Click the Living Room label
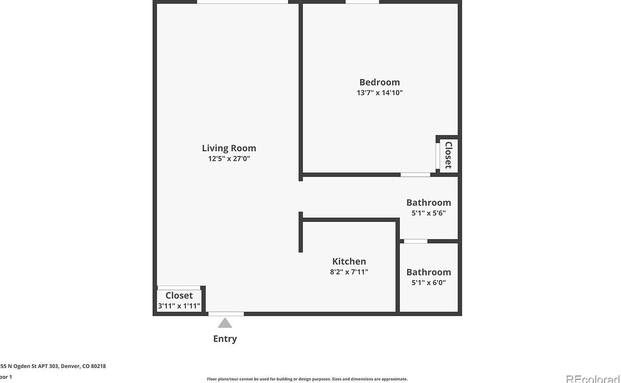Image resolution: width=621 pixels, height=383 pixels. pyautogui.click(x=229, y=148)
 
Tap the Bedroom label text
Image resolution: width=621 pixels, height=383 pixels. pyautogui.click(x=379, y=82)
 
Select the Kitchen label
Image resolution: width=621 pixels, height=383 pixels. pyautogui.click(x=349, y=261)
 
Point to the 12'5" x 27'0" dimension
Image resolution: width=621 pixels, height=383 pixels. pyautogui.click(x=229, y=159)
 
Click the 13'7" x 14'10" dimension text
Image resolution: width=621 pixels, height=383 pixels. pyautogui.click(x=379, y=93)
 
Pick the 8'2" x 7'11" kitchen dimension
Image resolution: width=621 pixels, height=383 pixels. pyautogui.click(x=349, y=272)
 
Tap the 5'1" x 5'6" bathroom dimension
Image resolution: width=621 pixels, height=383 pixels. pyautogui.click(x=429, y=213)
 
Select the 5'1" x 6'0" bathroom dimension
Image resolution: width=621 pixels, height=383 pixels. pyautogui.click(x=429, y=282)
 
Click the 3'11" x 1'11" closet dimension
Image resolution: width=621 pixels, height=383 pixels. pyautogui.click(x=179, y=306)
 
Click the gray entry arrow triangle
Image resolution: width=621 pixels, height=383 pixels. pyautogui.click(x=225, y=323)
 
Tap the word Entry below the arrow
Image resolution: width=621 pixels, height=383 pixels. pyautogui.click(x=225, y=339)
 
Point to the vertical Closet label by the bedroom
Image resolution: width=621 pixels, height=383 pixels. pyautogui.click(x=448, y=155)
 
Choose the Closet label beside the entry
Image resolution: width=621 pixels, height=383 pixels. pyautogui.click(x=179, y=295)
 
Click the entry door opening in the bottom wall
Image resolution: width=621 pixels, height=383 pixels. pyautogui.click(x=226, y=314)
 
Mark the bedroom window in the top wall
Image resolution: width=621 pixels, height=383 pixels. pyautogui.click(x=362, y=2)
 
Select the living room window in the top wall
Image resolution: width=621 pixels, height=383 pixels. pyautogui.click(x=242, y=2)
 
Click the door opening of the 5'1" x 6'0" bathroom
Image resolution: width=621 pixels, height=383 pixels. pyautogui.click(x=416, y=241)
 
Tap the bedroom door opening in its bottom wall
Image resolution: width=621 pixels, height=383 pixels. pyautogui.click(x=415, y=175)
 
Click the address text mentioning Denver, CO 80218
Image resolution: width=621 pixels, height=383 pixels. pyautogui.click(x=53, y=366)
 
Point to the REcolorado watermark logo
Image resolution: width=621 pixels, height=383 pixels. pyautogui.click(x=593, y=379)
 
